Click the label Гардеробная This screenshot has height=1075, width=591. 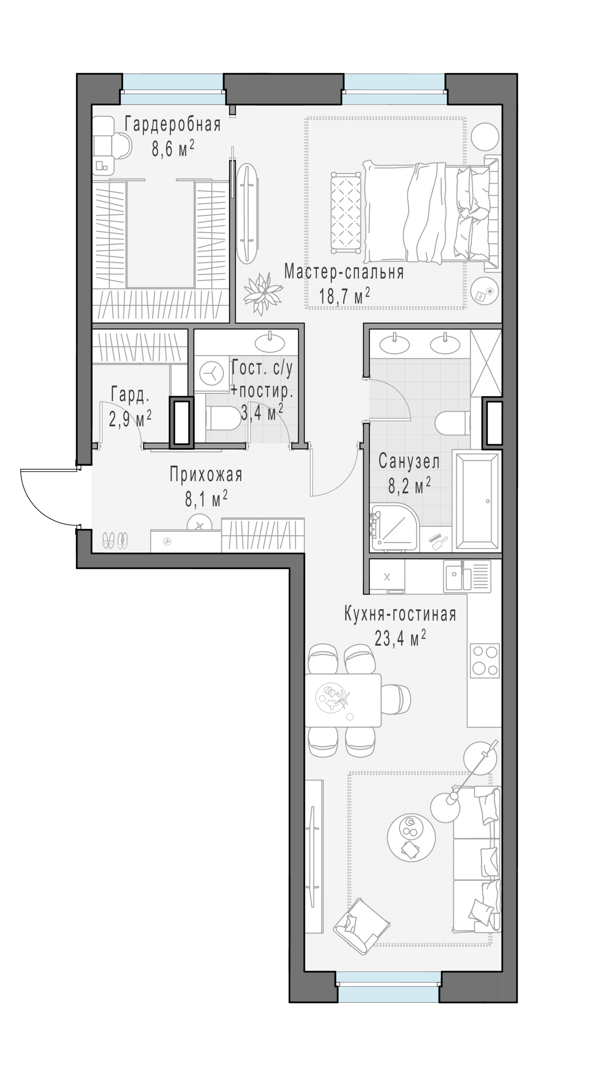pyautogui.click(x=172, y=125)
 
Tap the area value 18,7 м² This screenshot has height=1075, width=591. pyautogui.click(x=345, y=295)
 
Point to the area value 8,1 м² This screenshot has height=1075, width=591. pyautogui.click(x=206, y=499)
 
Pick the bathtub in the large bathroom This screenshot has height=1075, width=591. pyautogui.click(x=477, y=501)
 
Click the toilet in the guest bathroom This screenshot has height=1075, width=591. pyautogui.click(x=223, y=418)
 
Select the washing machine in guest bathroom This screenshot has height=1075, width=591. pyautogui.click(x=211, y=373)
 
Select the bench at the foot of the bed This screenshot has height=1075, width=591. pyautogui.click(x=345, y=212)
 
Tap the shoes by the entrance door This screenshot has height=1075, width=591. pyautogui.click(x=115, y=540)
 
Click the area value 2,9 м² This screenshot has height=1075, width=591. pyautogui.click(x=130, y=418)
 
